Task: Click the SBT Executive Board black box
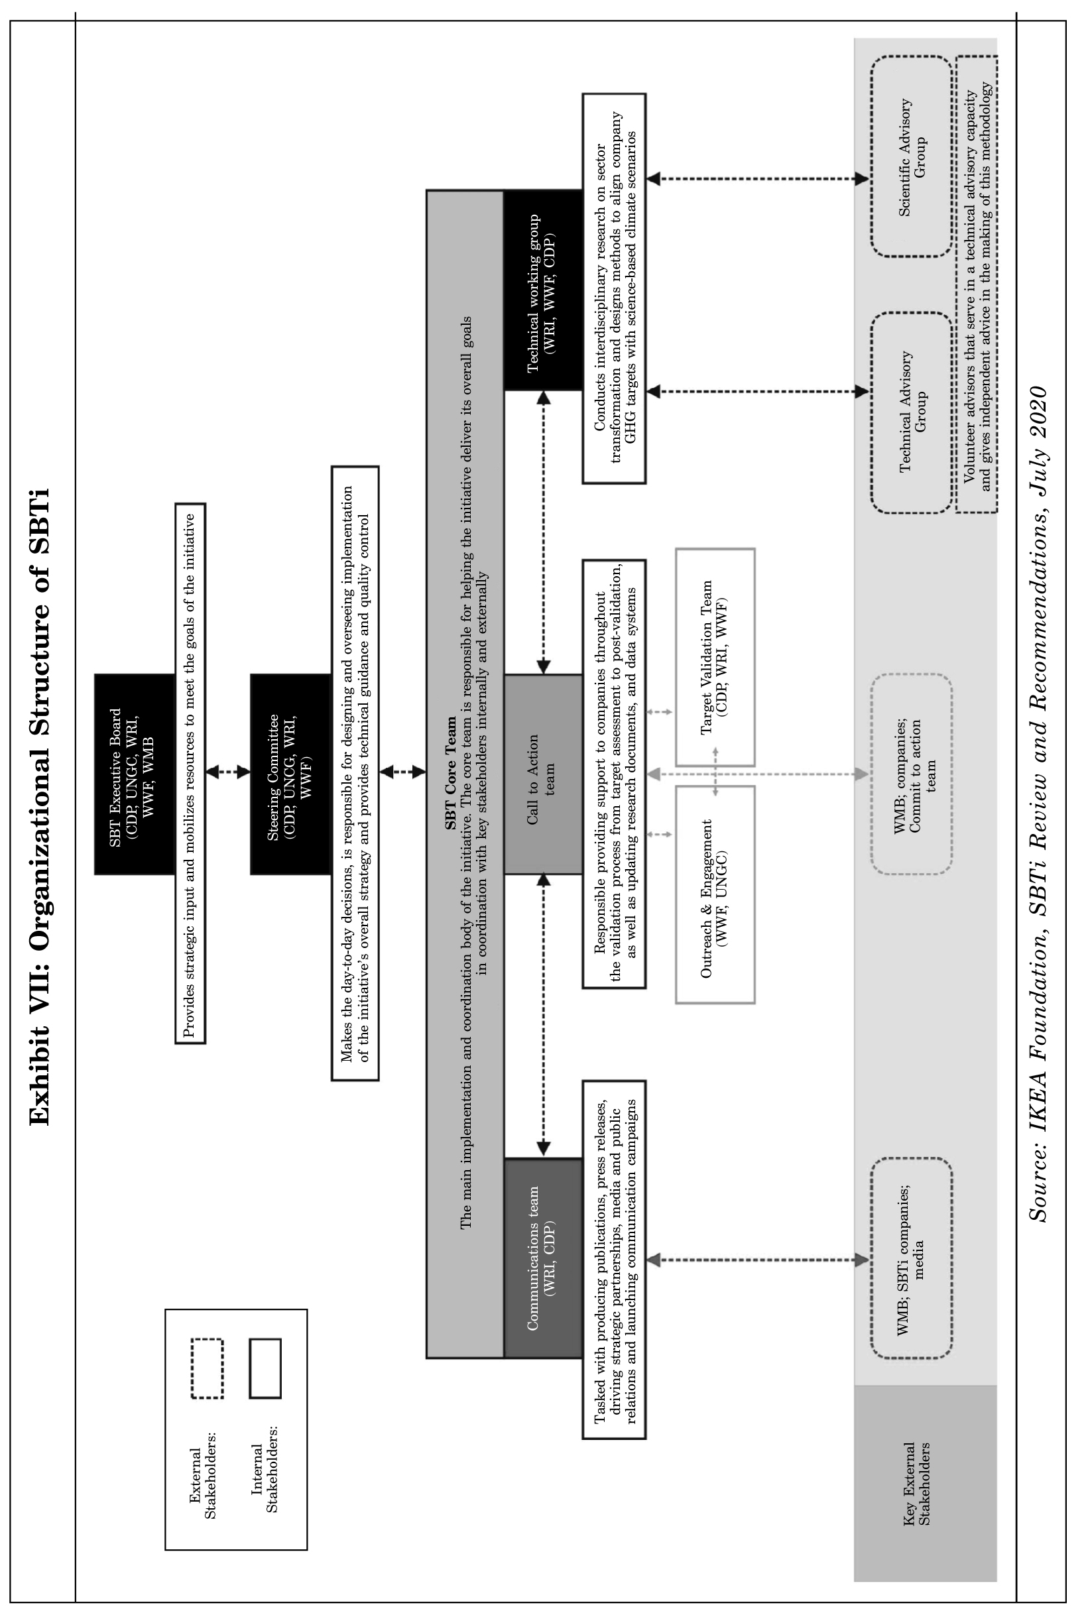134,773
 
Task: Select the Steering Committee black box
290,773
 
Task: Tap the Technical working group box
542,290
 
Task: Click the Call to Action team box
542,773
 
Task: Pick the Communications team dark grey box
542,1258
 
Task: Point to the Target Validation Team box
715,656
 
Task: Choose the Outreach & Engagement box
715,894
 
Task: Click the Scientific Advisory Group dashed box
912,157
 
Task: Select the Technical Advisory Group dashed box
912,412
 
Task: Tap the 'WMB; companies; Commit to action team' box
912,773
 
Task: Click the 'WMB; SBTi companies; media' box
912,1258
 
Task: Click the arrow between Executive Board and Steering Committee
227,772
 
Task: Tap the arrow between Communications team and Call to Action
544,1016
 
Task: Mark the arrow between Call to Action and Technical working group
544,532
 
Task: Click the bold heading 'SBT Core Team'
452,773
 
